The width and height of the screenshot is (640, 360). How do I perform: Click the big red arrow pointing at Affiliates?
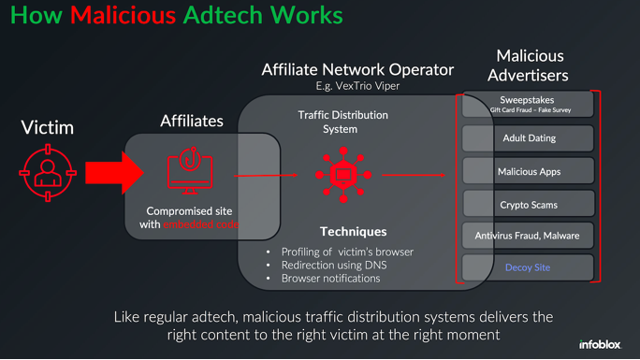tap(112, 173)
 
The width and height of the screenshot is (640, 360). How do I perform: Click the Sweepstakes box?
tap(529, 103)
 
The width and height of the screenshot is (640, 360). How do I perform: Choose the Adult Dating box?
tap(529, 138)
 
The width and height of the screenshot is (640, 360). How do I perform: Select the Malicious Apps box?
tap(529, 171)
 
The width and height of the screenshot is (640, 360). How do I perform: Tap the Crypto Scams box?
tap(529, 204)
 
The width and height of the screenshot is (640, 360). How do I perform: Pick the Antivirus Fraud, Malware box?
tap(529, 236)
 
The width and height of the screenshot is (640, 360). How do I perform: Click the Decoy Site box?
tap(529, 267)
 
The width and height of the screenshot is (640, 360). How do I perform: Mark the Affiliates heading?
tap(192, 121)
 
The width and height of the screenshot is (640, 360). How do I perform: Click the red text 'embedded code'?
tap(201, 224)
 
